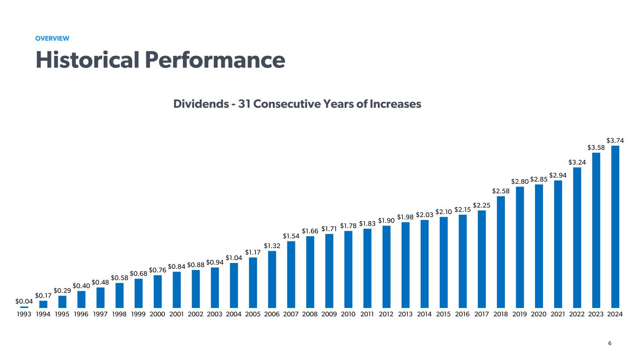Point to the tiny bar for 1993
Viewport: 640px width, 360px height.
(x=24, y=307)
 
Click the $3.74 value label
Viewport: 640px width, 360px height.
(x=615, y=140)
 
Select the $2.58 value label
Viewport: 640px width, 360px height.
(x=501, y=190)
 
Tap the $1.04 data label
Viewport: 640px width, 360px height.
(x=234, y=257)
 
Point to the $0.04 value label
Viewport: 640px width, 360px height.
(x=24, y=300)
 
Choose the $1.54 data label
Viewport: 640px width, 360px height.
(x=291, y=235)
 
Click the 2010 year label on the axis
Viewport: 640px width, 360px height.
(x=348, y=314)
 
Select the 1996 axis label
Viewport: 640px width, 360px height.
(x=81, y=314)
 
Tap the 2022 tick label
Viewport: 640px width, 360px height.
(x=577, y=314)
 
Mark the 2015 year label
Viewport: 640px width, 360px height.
(x=444, y=314)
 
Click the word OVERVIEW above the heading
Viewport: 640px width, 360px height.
(x=53, y=38)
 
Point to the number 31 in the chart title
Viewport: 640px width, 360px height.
(x=244, y=104)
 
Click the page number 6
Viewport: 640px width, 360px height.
(x=610, y=344)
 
